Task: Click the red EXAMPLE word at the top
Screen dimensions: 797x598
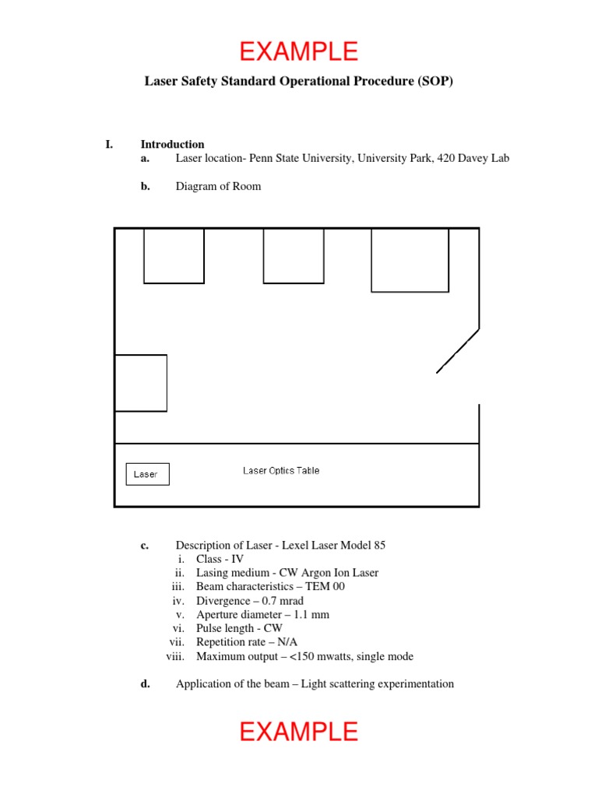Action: pos(299,51)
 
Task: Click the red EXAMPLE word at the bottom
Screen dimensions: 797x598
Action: pos(299,732)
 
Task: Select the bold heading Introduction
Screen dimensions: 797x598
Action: pos(172,144)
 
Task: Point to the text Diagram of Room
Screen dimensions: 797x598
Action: pos(218,186)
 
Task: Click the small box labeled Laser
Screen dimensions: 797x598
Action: pos(147,474)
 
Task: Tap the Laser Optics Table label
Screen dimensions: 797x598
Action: pos(281,470)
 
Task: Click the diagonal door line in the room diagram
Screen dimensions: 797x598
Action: pos(458,350)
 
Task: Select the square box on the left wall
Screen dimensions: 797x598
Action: pos(141,382)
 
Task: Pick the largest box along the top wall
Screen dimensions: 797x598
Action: pos(410,260)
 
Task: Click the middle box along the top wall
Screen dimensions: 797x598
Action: pos(294,255)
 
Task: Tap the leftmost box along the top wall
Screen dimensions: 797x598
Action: pos(174,255)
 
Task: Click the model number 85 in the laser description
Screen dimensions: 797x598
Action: pos(379,545)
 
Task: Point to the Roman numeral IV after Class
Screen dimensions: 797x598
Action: pos(237,559)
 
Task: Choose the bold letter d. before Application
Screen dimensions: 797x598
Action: pos(145,684)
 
